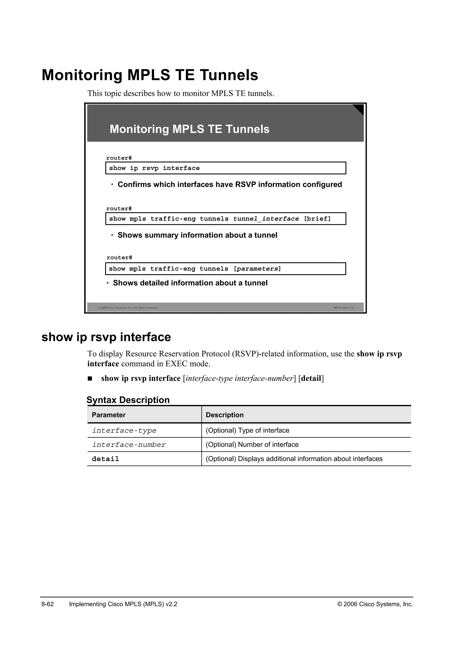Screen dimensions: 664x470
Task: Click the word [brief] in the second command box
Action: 317,219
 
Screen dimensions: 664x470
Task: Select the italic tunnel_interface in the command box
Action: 266,219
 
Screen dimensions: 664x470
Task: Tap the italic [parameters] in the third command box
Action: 257,269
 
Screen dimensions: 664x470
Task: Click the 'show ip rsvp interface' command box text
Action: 154,168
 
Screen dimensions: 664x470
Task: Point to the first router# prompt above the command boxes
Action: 119,158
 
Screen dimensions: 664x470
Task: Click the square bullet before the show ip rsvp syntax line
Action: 90,379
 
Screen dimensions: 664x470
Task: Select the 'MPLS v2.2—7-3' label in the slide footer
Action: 344,308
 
